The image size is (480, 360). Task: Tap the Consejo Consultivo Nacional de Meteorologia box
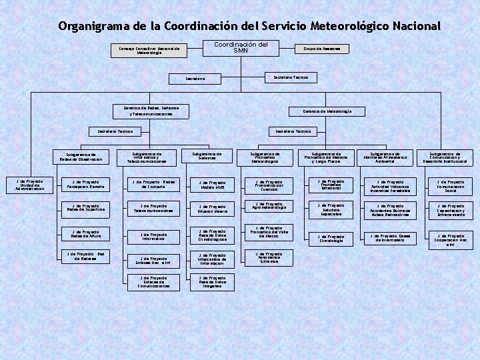[x=149, y=50]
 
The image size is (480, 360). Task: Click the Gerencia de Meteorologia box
[x=327, y=111]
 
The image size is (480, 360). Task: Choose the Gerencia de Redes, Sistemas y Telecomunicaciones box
[x=151, y=111]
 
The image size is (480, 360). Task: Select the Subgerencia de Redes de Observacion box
[x=81, y=157]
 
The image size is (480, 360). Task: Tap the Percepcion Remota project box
[x=85, y=184]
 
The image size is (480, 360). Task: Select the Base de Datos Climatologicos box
[x=212, y=235]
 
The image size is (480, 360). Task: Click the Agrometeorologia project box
[x=269, y=207]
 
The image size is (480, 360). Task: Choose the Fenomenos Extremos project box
[x=269, y=257]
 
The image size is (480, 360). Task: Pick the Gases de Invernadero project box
[x=391, y=237]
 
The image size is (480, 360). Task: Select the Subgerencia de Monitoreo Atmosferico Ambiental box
[x=388, y=157]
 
